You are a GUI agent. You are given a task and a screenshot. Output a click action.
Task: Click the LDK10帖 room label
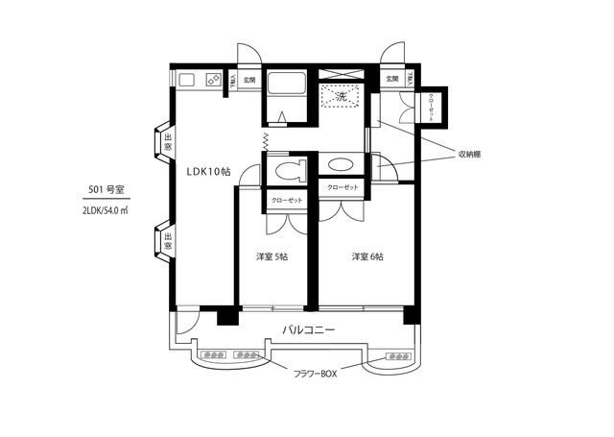pyautogui.click(x=207, y=171)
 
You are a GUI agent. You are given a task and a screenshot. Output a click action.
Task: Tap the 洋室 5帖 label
pyautogui.click(x=272, y=256)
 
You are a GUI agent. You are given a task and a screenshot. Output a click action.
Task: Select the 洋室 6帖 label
pyautogui.click(x=367, y=256)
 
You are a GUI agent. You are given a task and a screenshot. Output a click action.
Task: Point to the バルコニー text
pyautogui.click(x=308, y=329)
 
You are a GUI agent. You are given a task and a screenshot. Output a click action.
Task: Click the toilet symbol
pyautogui.click(x=285, y=170)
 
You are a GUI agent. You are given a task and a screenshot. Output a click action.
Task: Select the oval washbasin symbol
pyautogui.click(x=341, y=164)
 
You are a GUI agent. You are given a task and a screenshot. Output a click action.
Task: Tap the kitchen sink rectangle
pyautogui.click(x=186, y=80)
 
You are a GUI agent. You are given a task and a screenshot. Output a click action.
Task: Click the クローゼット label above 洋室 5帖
pyautogui.click(x=286, y=200)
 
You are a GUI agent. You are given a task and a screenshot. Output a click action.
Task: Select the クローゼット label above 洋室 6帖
pyautogui.click(x=342, y=187)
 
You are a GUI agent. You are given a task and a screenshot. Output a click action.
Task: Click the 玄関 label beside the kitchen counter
pyautogui.click(x=248, y=80)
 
